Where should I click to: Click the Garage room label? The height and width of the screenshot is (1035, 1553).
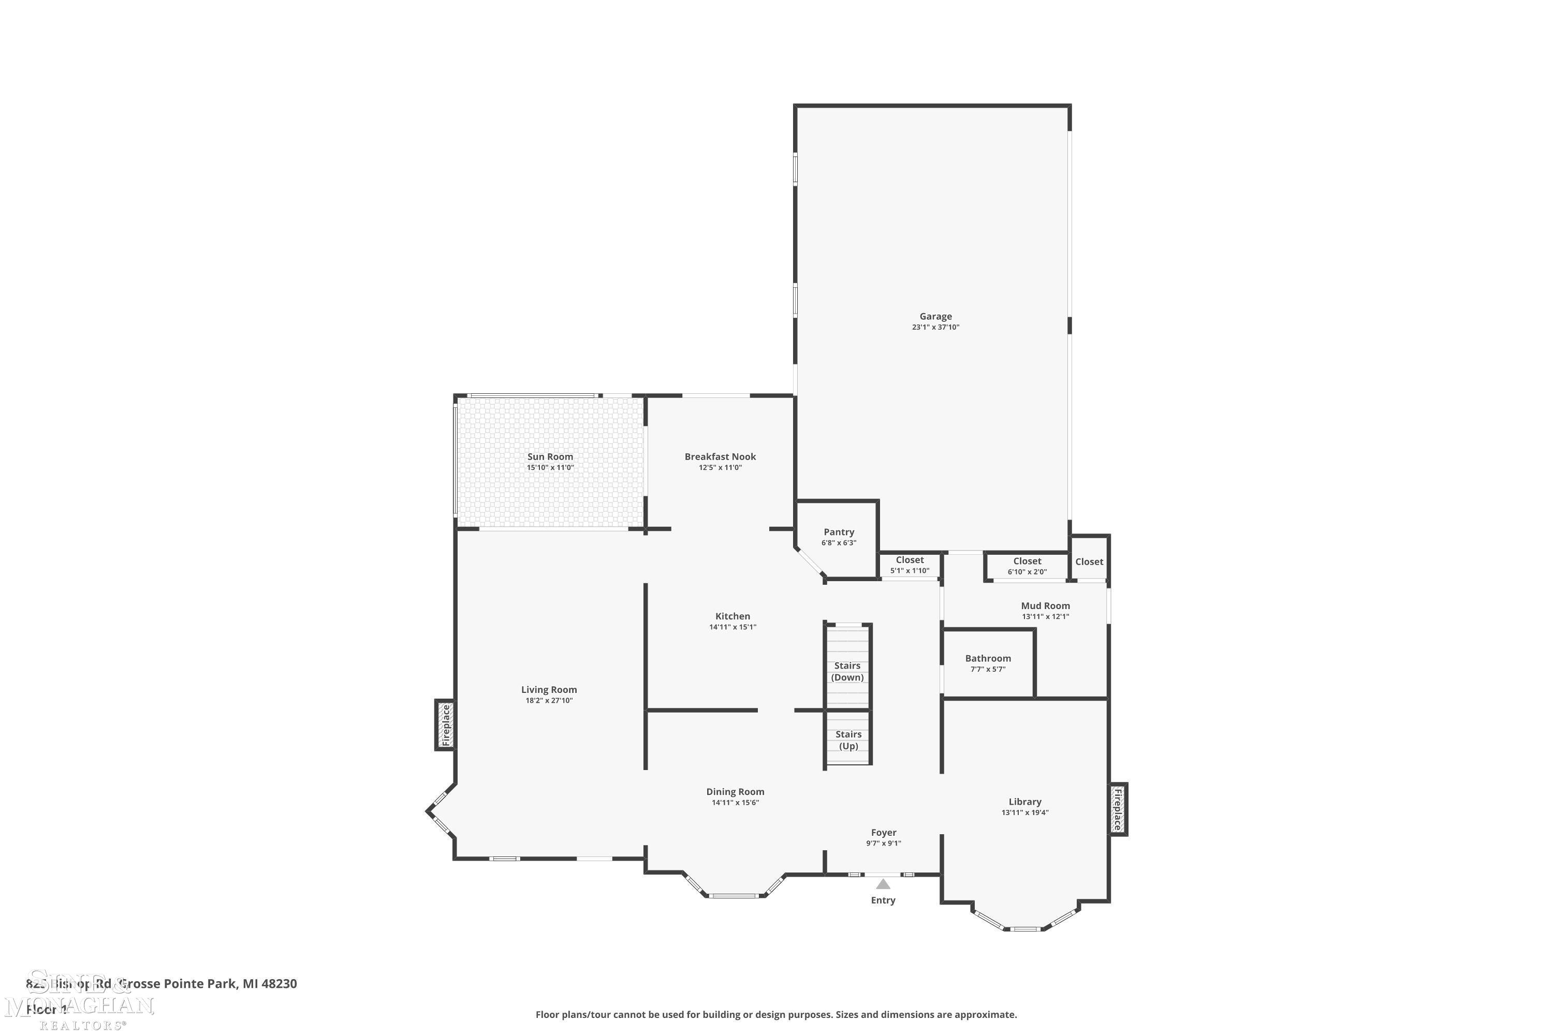(935, 316)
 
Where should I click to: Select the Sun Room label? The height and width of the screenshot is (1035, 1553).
(549, 456)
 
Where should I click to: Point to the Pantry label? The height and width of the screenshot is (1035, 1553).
(839, 532)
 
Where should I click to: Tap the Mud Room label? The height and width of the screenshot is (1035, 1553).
(1045, 605)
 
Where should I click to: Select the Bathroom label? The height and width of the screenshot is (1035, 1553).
(987, 658)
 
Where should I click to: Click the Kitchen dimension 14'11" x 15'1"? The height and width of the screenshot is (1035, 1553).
(732, 627)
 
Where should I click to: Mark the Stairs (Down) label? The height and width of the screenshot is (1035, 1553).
(847, 671)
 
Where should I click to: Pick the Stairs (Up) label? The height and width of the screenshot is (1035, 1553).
(848, 740)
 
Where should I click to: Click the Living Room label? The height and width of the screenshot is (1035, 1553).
(549, 690)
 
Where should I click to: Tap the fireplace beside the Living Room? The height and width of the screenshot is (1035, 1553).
(445, 725)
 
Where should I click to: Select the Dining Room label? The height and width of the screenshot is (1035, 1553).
(735, 791)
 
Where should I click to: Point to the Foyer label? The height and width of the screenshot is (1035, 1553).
(884, 832)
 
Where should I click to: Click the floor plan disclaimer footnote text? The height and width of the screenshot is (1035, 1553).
(776, 1014)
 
